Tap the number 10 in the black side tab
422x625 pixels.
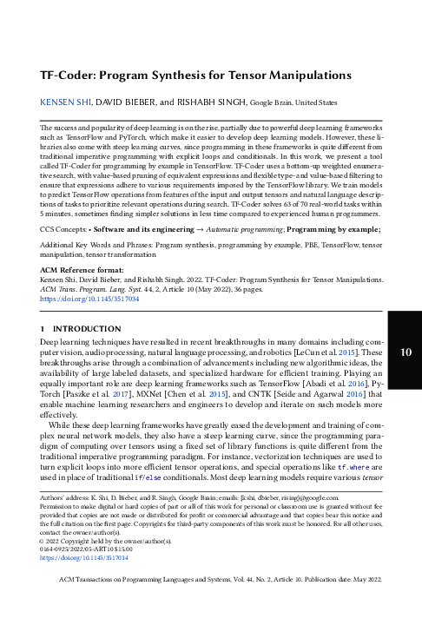tap(405, 351)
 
